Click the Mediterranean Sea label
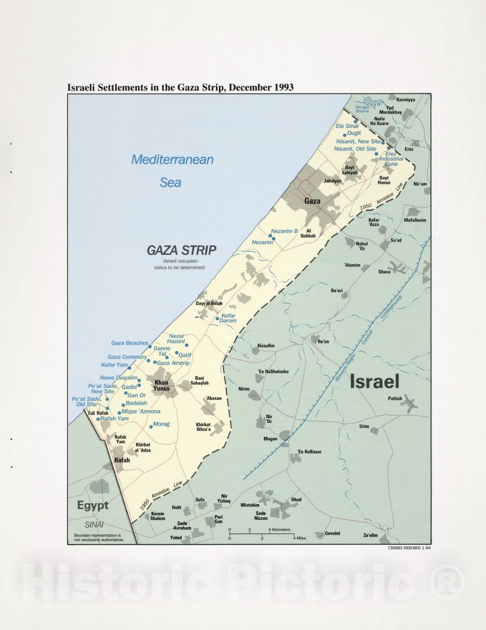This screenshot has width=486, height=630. coord(172,170)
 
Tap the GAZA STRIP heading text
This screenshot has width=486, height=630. coord(181,250)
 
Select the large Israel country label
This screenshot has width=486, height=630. coord(374,381)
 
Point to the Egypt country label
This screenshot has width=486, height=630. coord(93,505)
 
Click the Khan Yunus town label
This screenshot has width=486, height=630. coord(161,385)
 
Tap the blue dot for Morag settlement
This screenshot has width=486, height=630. coord(151,426)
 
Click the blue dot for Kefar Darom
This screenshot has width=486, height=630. coord(217,319)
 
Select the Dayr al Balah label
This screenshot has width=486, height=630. coord(209,303)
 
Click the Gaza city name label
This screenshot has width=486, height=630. coord(312,201)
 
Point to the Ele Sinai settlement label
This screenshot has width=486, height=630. coord(347,126)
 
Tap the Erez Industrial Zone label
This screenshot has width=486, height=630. coord(391,159)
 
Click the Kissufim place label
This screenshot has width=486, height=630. coord(266,346)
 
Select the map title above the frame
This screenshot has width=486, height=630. coord(180,87)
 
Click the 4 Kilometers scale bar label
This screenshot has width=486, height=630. coord(280,530)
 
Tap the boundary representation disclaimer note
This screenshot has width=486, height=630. coord(98,537)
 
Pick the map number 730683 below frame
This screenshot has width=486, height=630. coord(409,547)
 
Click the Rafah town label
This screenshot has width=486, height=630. coord(122,460)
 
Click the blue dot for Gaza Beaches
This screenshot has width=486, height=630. coord(150,346)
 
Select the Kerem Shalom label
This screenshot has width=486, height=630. coord(158,516)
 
